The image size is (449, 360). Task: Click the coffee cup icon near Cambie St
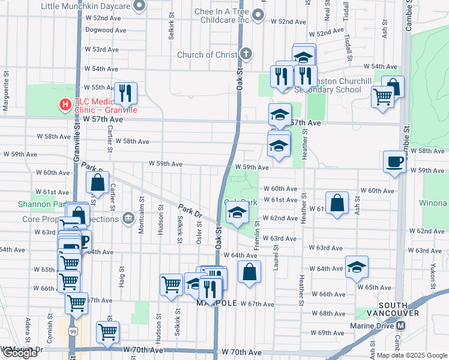click(394, 161)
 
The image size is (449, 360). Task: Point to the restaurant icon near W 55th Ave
click(125, 93)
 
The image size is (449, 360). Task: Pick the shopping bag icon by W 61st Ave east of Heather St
click(338, 202)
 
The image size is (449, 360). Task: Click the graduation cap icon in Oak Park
click(237, 214)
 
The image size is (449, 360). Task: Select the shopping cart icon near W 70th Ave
click(108, 332)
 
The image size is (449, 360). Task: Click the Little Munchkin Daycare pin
click(139, 6)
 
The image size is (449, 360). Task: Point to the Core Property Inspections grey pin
click(127, 218)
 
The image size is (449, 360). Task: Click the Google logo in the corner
click(20, 353)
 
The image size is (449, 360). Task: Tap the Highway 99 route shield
click(73, 331)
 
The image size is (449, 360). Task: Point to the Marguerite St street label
click(5, 96)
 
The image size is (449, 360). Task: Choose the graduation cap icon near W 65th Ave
click(357, 267)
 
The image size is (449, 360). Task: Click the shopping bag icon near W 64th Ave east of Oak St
click(249, 271)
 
